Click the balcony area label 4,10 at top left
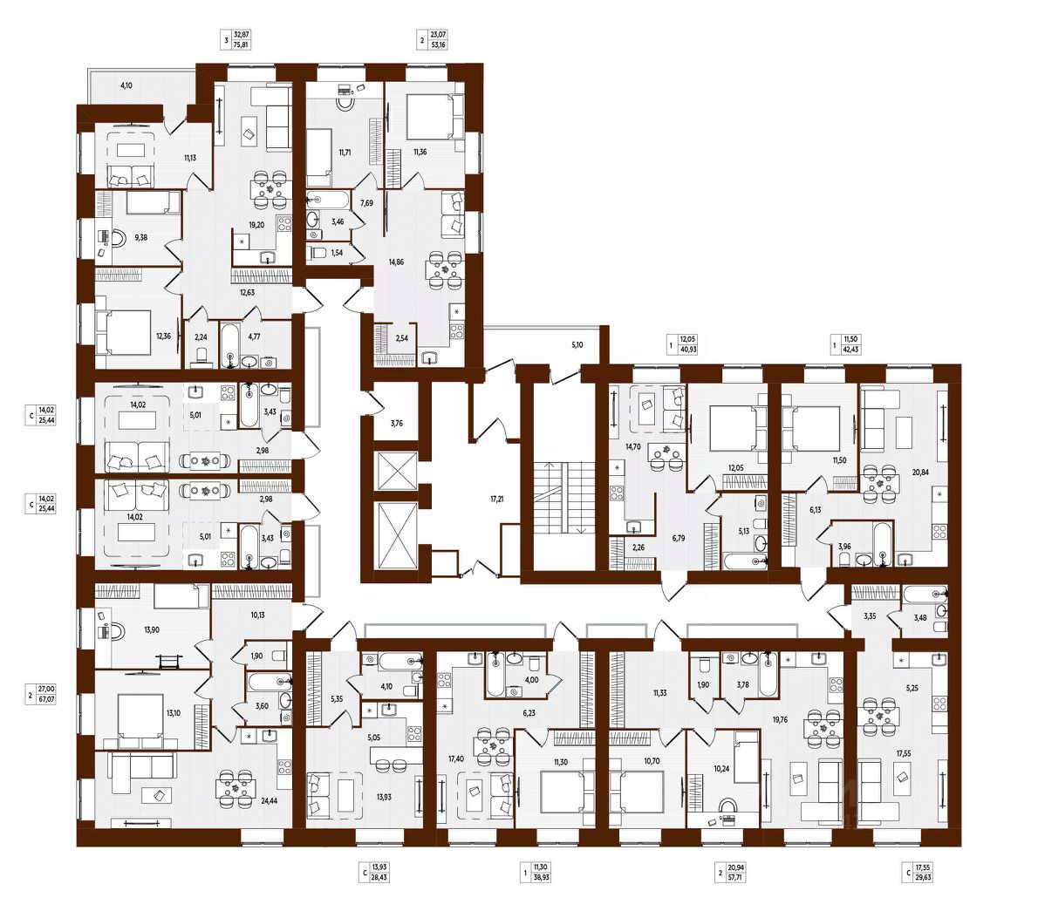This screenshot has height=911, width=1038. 126,85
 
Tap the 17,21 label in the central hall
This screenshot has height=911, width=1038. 496,499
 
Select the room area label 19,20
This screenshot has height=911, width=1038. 256,225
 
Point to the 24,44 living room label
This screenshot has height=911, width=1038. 269,800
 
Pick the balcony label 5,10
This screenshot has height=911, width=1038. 577,344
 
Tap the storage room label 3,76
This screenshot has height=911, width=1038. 396,424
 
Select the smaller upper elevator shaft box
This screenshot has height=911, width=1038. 395,471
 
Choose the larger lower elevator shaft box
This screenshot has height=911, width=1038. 395,535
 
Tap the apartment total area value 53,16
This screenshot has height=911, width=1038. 438,45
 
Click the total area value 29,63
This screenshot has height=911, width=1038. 924,878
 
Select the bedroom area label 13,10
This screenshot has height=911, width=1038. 173,712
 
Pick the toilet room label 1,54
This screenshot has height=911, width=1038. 337,253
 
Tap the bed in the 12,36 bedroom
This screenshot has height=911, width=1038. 123,332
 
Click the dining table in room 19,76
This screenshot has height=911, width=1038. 823,728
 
